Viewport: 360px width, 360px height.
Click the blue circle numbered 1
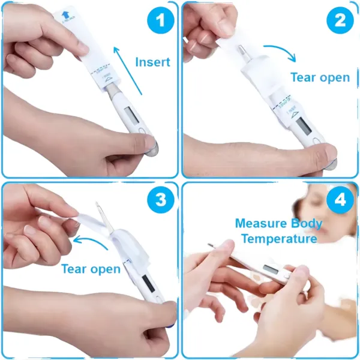(159, 22)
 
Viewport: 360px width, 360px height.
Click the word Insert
(152, 62)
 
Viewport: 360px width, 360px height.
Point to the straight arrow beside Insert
(130, 72)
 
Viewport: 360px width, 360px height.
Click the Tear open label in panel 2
(320, 77)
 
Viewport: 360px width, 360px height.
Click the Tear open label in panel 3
(91, 269)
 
